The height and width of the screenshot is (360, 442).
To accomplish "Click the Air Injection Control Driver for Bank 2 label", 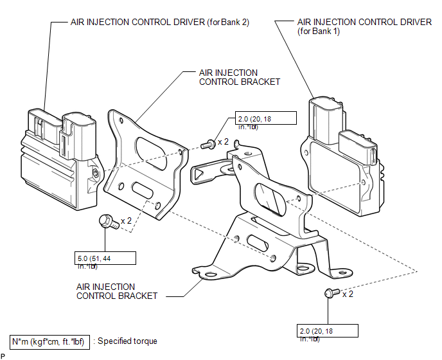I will [159, 22].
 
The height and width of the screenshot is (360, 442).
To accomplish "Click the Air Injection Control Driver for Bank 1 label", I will [364, 26].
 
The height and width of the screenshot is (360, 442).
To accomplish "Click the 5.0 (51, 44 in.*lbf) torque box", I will [106, 257].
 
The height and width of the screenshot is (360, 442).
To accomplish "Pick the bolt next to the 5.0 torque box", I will [106, 222].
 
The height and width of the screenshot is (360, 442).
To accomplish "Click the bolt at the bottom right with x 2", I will [330, 294].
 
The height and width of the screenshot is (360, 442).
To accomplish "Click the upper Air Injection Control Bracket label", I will [229, 77].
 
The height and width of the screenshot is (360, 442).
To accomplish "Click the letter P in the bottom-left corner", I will [3, 355].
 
